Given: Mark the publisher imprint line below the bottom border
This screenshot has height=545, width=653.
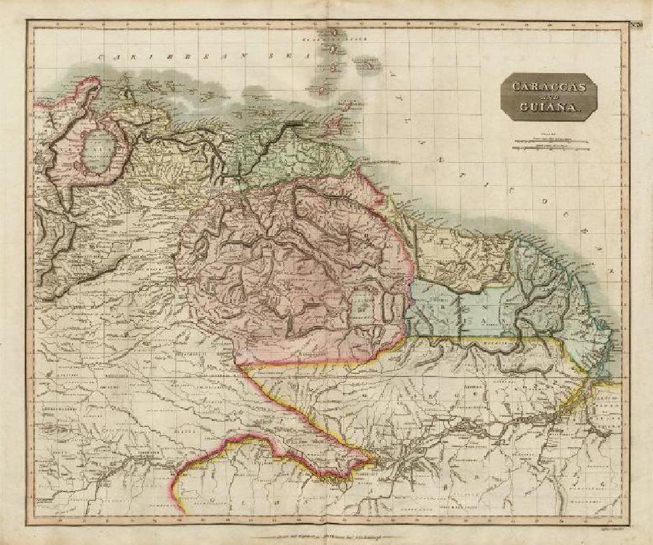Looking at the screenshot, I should pyautogui.click(x=326, y=534).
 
